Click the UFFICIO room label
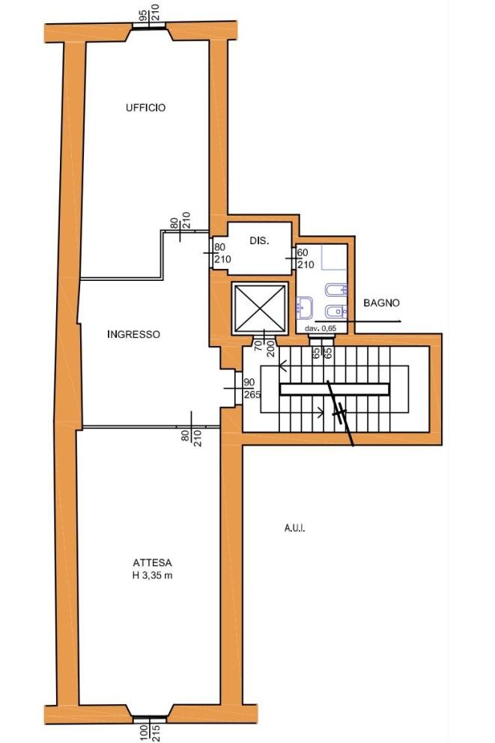146,108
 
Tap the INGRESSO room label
133,334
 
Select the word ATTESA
152,563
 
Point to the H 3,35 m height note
152,576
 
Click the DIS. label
259,240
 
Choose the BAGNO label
381,303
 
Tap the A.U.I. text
294,528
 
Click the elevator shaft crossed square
260,306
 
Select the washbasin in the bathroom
305,308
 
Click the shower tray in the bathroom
334,258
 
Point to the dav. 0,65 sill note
321,328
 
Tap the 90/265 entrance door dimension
252,388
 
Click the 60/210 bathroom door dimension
305,258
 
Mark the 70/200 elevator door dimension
263,345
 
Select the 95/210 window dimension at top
149,15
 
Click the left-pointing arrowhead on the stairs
283,366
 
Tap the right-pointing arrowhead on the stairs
321,413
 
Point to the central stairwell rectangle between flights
335,389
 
